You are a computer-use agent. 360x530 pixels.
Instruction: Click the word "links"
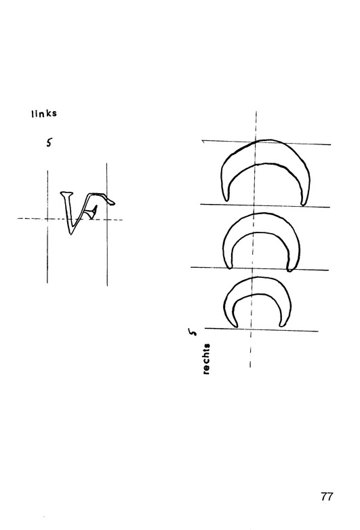tap(44, 114)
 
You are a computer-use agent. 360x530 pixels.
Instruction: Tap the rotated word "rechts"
tap(206, 359)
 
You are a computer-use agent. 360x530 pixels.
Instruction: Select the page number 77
tap(327, 497)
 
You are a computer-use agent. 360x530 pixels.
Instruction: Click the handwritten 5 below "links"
tap(49, 143)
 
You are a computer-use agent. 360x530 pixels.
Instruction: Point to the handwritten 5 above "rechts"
tap(193, 332)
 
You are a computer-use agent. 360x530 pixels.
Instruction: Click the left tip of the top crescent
tap(226, 201)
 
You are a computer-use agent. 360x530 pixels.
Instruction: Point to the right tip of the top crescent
tap(303, 205)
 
